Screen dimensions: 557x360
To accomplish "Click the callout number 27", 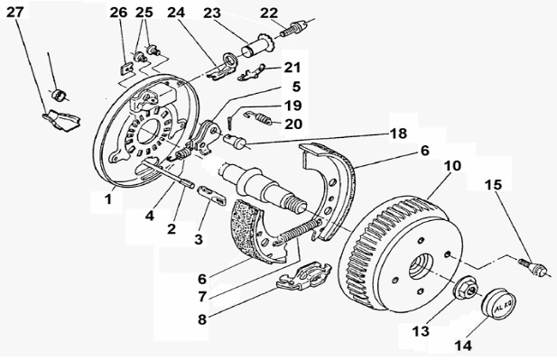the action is [15, 12].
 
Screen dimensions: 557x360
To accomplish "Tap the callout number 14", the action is [463, 345].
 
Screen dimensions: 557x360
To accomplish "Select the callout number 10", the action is [452, 165].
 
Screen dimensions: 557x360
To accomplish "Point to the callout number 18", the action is [398, 134].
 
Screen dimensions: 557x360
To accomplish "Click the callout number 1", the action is [108, 199].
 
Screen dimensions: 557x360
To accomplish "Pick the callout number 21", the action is [292, 67].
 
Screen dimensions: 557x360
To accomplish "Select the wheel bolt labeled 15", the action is [532, 267].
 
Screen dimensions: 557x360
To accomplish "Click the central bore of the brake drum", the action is [421, 266].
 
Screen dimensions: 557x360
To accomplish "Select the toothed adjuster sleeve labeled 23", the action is [256, 48].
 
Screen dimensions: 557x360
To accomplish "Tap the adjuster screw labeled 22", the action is [293, 28].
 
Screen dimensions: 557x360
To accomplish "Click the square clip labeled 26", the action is [125, 69].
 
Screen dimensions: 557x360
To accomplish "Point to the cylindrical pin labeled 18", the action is [235, 140].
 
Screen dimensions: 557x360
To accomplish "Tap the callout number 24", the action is [176, 13].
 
